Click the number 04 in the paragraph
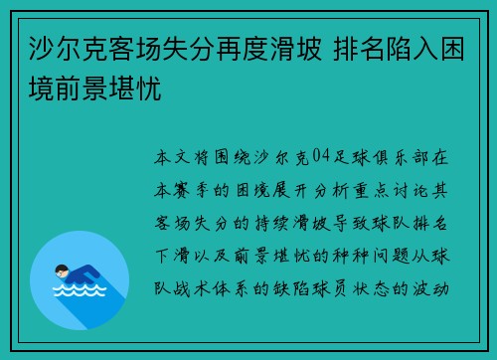click(320, 156)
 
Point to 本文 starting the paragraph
click(171, 156)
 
